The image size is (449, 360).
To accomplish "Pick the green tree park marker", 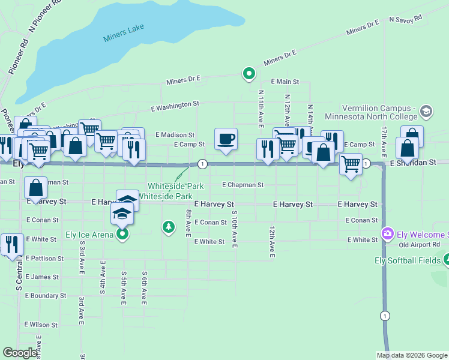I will click(169, 226).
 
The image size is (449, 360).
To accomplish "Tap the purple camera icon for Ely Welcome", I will click(387, 233).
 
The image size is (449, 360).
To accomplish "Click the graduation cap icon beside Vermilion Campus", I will click(426, 111).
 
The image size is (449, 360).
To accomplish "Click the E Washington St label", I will click(174, 104).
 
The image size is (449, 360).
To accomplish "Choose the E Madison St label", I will click(175, 135).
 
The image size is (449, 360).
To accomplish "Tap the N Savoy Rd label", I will click(407, 20).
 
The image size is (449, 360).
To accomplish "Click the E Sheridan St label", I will click(412, 163).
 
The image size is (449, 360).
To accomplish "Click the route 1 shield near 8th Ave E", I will click(203, 164).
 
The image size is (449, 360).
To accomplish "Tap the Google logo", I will click(20, 353).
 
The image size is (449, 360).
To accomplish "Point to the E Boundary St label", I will click(46, 296).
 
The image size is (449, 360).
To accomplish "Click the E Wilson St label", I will click(41, 325).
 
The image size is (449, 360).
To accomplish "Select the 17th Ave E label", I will click(383, 138).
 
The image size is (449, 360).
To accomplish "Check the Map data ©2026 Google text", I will click(412, 355).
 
